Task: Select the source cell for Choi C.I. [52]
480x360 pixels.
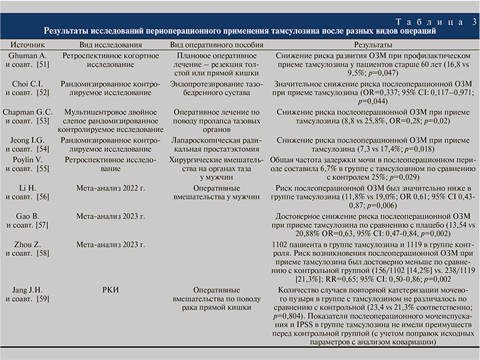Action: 26,89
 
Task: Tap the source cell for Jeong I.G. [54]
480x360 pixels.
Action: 26,145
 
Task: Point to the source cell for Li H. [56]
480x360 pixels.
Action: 26,193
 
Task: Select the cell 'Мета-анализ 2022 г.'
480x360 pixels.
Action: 111,189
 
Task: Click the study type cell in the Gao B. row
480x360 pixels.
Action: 111,217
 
